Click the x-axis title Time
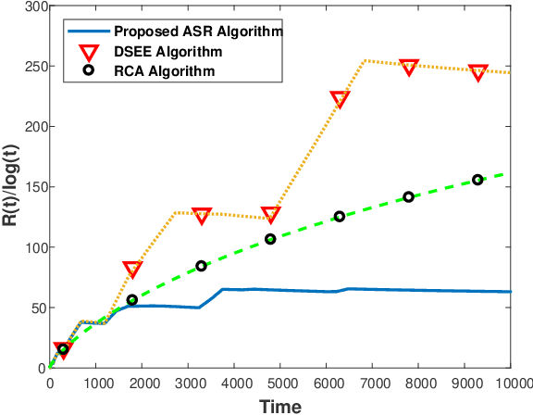(x=280, y=406)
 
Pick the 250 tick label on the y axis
(x=31, y=67)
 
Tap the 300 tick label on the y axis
(x=31, y=7)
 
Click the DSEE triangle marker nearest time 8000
(x=409, y=67)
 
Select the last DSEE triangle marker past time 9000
(x=478, y=72)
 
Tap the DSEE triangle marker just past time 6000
(x=340, y=99)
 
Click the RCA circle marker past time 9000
(x=477, y=180)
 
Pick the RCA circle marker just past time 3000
(x=201, y=266)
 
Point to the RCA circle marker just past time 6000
(x=340, y=216)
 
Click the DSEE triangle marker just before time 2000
(x=131, y=270)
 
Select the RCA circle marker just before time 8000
(x=408, y=196)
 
